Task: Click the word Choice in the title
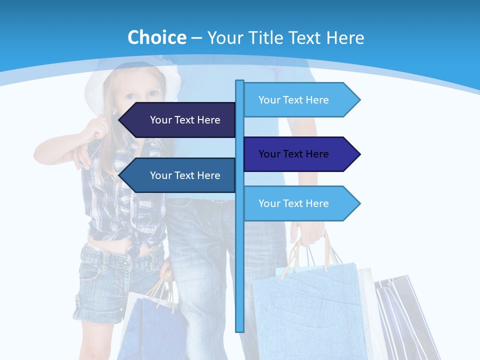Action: (x=156, y=37)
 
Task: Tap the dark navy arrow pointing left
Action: (x=180, y=120)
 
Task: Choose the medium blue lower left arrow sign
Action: (x=180, y=175)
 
